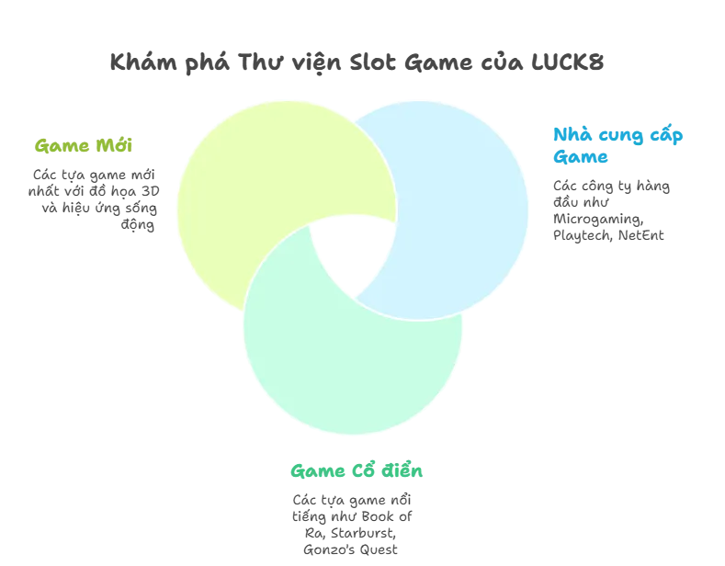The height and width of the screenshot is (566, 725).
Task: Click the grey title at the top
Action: pos(359,62)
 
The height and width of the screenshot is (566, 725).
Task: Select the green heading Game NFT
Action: pos(83,144)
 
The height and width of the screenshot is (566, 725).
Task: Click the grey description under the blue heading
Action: pos(610,209)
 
